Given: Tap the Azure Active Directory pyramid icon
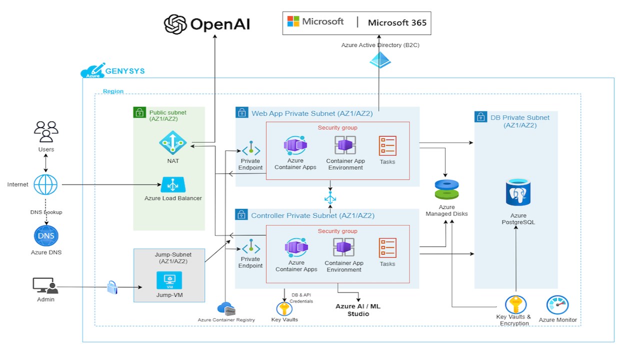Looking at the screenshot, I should pyautogui.click(x=380, y=60).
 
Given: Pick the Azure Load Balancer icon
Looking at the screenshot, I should pyautogui.click(x=173, y=185).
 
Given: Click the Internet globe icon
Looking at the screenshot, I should pyautogui.click(x=45, y=184).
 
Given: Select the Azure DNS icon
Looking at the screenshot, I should pyautogui.click(x=46, y=236).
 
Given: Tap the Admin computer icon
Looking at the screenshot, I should pyautogui.click(x=45, y=285).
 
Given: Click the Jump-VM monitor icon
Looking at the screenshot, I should pyautogui.click(x=169, y=280).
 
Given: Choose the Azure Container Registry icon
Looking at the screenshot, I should pyautogui.click(x=226, y=308).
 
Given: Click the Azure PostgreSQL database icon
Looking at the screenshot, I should pyautogui.click(x=518, y=192).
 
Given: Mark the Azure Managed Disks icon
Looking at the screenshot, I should pyautogui.click(x=446, y=189).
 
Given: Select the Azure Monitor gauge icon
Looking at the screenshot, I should pyautogui.click(x=557, y=304).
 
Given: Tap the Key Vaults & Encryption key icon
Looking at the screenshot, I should pyautogui.click(x=515, y=304).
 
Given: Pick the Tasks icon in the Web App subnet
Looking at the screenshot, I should pyautogui.click(x=387, y=145).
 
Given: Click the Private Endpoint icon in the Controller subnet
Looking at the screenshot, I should pyautogui.click(x=250, y=246).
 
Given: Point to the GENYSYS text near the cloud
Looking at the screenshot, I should pyautogui.click(x=125, y=71).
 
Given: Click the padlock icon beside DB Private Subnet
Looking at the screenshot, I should pyautogui.click(x=480, y=117).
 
